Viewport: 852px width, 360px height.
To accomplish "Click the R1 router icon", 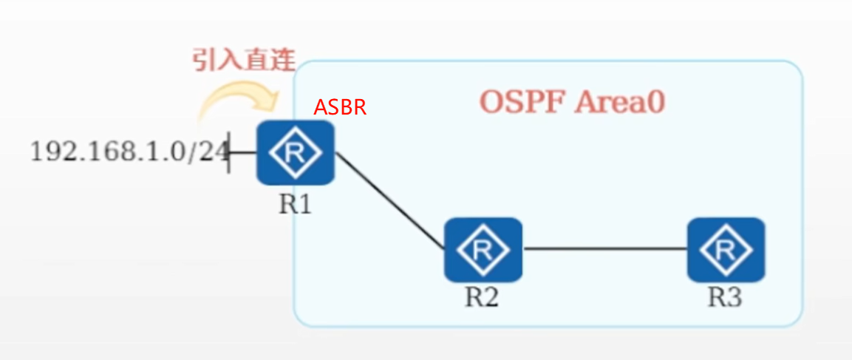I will pyautogui.click(x=296, y=153).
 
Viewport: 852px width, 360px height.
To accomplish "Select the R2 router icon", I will pyautogui.click(x=483, y=249).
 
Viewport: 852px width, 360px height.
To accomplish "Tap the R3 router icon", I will pyautogui.click(x=726, y=249).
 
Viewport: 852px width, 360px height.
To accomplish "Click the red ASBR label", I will pyautogui.click(x=340, y=107).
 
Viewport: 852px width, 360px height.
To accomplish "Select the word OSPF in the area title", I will pyautogui.click(x=522, y=101).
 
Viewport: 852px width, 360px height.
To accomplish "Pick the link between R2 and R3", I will pyautogui.click(x=604, y=249).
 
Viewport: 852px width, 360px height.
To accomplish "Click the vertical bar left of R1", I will pyautogui.click(x=228, y=152).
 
